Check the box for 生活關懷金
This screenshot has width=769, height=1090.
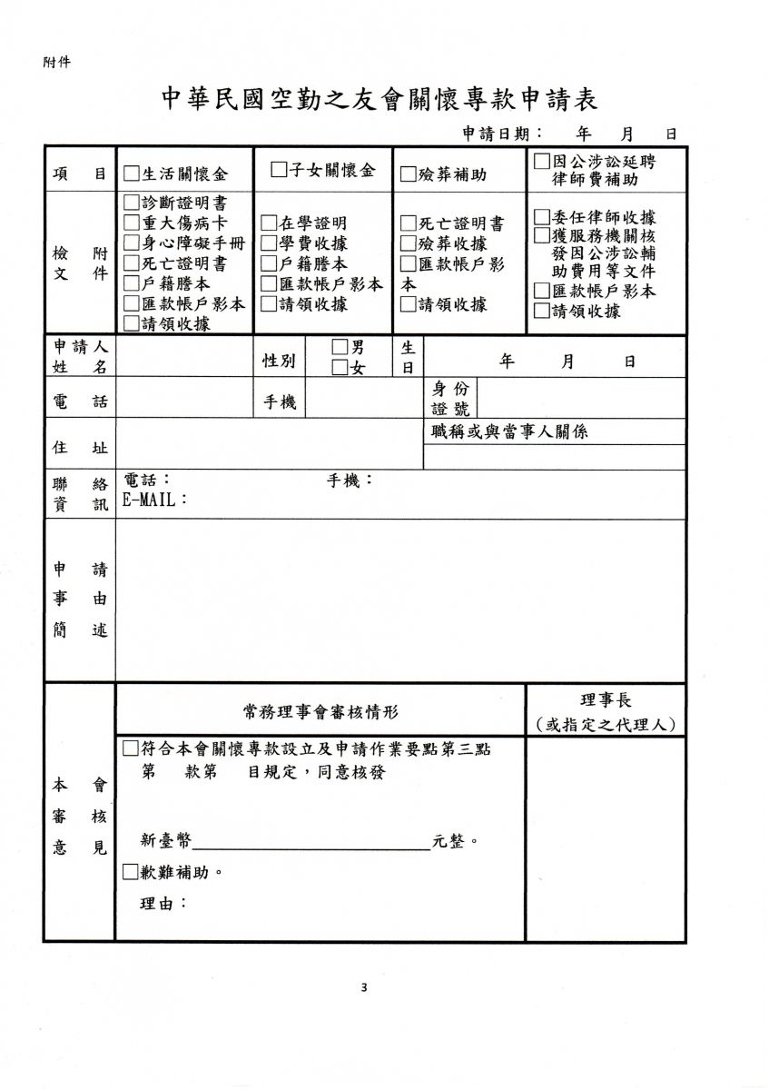point(131,173)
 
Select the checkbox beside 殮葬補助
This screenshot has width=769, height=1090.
point(408,173)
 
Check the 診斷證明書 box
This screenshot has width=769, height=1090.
point(131,203)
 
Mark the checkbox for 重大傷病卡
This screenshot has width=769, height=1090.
point(131,223)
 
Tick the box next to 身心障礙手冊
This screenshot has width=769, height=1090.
point(131,243)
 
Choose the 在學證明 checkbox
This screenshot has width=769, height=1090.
point(269,223)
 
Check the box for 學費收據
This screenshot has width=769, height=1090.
point(269,243)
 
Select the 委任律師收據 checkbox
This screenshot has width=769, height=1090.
point(541,218)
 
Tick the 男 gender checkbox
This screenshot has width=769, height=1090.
point(340,347)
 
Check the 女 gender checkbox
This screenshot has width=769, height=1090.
point(340,368)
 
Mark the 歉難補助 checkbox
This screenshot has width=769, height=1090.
point(130,873)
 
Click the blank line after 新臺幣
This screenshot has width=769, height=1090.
point(311,842)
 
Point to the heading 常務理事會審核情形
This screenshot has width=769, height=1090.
point(320,710)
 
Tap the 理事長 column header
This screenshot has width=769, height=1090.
point(606,700)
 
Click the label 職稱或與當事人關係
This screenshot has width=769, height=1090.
point(509,431)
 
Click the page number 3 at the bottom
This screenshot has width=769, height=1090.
point(364,988)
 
